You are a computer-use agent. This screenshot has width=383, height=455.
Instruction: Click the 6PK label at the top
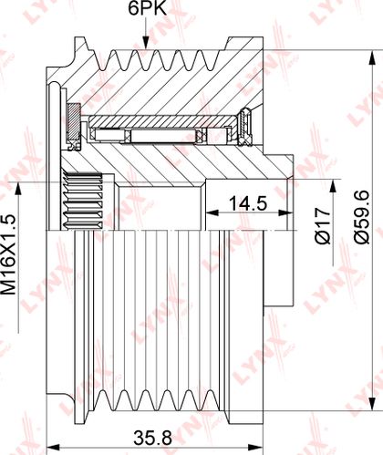pos(148,9)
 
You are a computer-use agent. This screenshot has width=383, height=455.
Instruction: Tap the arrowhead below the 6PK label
pos(146,43)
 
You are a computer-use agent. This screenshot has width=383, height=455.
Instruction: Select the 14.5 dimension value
pos(248,203)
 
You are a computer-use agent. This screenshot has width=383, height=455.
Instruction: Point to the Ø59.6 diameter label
pos(362,217)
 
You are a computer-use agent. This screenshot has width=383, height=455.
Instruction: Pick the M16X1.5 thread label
pos(9,254)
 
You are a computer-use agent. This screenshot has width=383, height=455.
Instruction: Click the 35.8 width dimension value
pos(153,439)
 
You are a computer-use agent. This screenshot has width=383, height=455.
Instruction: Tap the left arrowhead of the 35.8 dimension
pos(53,448)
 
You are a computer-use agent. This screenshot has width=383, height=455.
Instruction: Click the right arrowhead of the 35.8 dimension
pos(256,448)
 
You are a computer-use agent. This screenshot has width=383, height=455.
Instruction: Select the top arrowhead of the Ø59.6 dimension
pos(372,57)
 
